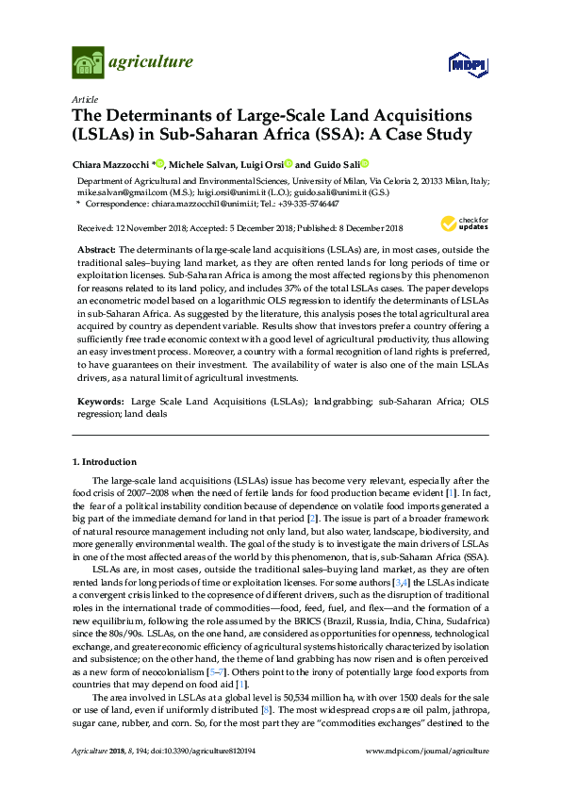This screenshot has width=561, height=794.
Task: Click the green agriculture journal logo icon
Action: click(x=87, y=63)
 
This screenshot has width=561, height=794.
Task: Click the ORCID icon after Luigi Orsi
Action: click(x=288, y=163)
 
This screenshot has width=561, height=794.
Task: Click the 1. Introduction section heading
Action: click(x=104, y=462)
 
